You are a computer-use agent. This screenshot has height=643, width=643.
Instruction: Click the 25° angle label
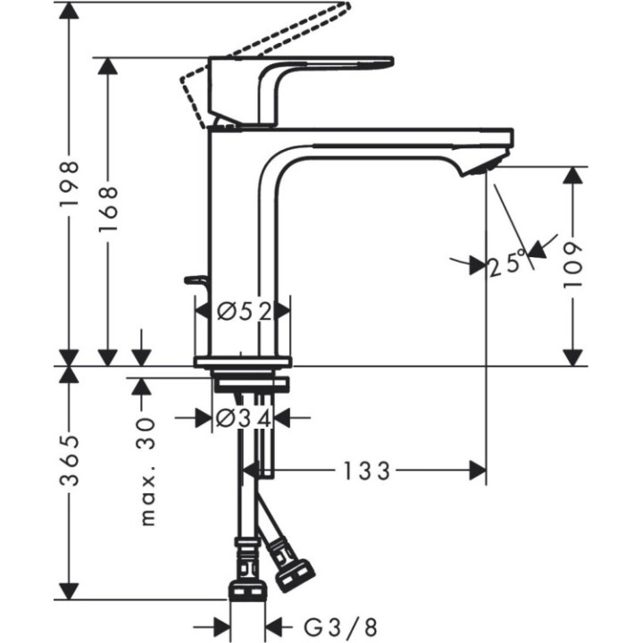point(510,263)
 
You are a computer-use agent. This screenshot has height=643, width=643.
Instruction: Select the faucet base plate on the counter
point(243,362)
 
